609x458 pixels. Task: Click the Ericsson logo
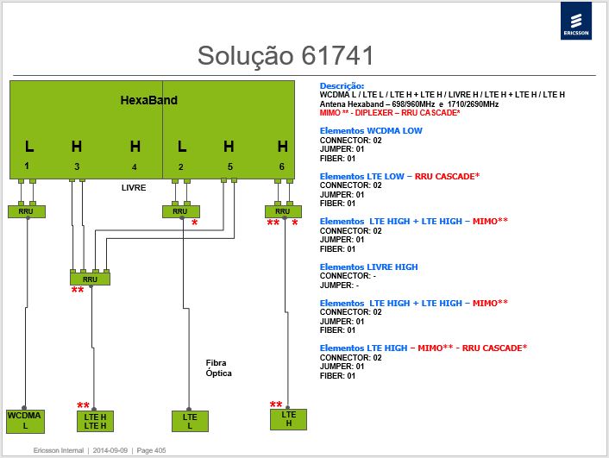coord(576,21)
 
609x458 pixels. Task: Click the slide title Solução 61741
coord(286,55)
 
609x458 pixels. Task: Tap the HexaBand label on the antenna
coord(148,100)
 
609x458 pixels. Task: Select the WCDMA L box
coord(25,421)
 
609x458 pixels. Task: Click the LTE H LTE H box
coord(96,422)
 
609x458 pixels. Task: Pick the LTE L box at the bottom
coord(190,422)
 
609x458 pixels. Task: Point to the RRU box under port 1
coord(27,211)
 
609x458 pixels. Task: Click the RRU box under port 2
coord(181,211)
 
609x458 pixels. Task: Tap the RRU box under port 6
coord(283,211)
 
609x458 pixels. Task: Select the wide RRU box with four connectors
coord(90,279)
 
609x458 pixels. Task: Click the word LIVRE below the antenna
coord(134,188)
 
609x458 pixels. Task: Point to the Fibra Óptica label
coord(218,368)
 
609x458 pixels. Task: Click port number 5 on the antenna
coord(230,166)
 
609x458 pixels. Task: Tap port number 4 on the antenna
coord(134,167)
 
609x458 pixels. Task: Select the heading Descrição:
coord(342,86)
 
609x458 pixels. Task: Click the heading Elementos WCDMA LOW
coord(371,131)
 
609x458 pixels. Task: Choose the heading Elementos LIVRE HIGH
coord(368,267)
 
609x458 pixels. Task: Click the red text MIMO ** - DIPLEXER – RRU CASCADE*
coord(390,113)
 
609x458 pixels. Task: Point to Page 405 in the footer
coord(151,450)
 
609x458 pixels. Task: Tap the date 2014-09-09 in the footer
coord(110,450)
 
